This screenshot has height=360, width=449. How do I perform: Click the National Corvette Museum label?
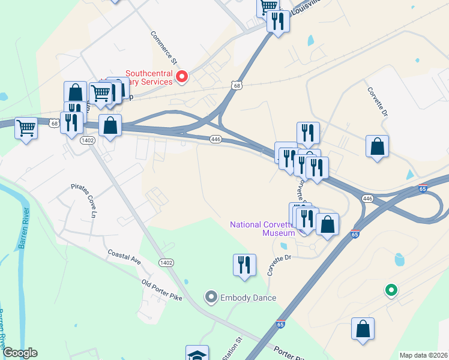[x=263, y=229]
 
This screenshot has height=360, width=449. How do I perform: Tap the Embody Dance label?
[x=248, y=298]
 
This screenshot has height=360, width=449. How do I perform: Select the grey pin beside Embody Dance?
[x=211, y=296]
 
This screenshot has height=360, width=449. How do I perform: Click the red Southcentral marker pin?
[x=182, y=76]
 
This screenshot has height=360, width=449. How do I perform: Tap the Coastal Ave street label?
[x=124, y=257]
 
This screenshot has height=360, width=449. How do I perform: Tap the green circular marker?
[x=391, y=291]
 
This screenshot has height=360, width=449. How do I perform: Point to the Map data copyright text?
[x=423, y=355]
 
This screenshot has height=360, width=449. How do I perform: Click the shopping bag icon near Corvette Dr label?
[x=377, y=146]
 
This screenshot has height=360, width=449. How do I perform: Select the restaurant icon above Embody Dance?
[x=244, y=264]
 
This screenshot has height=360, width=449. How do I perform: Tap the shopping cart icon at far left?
[x=26, y=128]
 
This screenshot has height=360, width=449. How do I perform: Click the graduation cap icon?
[x=197, y=354]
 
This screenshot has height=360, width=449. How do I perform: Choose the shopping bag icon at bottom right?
[x=363, y=329]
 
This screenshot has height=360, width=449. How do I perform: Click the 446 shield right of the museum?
[x=368, y=198]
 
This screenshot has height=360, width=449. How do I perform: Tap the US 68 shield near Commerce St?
[x=238, y=86]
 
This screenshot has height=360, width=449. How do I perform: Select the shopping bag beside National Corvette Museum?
[x=327, y=225]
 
